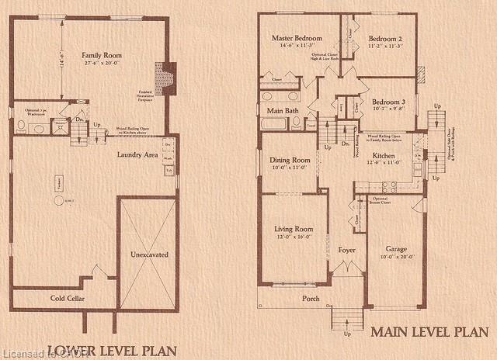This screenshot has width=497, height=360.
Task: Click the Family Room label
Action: click(x=102, y=55)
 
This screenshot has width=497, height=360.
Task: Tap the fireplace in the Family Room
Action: click(x=165, y=78)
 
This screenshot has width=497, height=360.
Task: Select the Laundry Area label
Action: click(x=138, y=155)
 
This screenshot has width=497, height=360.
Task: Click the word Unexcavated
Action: click(x=149, y=254)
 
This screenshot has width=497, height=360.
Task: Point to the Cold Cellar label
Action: click(x=68, y=299)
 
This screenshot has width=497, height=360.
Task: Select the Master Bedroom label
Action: click(x=297, y=38)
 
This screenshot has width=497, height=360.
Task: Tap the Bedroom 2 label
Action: click(x=385, y=38)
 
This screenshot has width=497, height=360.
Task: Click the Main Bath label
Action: click(x=280, y=112)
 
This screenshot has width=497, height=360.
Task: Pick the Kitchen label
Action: click(x=384, y=156)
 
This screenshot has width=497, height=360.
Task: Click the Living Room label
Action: click(x=294, y=229)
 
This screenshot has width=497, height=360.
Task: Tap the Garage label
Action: click(x=396, y=249)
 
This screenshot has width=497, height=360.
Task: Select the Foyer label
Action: click(x=347, y=251)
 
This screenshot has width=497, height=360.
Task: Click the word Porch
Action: click(x=311, y=298)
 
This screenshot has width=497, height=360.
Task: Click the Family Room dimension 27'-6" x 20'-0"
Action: click(x=102, y=64)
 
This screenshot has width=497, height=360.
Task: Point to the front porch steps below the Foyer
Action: click(x=347, y=318)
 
